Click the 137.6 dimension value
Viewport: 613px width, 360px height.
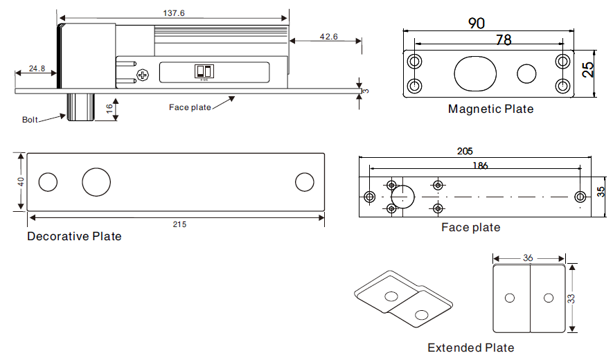[x=174, y=13]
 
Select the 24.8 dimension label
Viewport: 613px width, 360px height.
[x=37, y=69]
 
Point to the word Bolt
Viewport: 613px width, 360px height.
[x=30, y=120]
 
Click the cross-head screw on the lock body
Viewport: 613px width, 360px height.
[x=143, y=74]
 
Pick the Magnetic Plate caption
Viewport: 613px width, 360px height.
[x=490, y=109]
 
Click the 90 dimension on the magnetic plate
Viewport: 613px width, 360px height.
[x=476, y=23]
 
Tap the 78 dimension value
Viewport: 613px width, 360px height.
[x=504, y=40]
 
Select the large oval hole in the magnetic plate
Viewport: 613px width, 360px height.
[x=477, y=73]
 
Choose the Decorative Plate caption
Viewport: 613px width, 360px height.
[x=74, y=237]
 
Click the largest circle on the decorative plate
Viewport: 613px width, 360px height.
[x=96, y=181]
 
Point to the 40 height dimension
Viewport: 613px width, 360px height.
[x=21, y=181]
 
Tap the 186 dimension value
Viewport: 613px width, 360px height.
[x=479, y=165]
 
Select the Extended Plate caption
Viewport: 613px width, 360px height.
[x=470, y=348]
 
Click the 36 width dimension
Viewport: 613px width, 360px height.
[x=528, y=258]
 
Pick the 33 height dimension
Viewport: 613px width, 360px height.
[x=571, y=298]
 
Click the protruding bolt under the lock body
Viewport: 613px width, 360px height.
[x=79, y=107]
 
